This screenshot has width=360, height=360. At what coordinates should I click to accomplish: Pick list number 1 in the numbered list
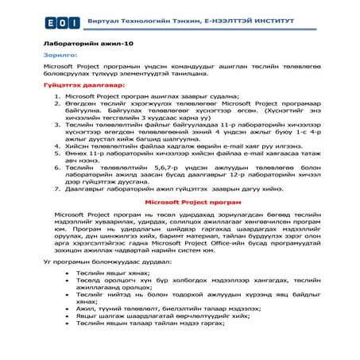click(56, 95)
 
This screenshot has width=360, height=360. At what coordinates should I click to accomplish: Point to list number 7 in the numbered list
click(56, 190)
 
